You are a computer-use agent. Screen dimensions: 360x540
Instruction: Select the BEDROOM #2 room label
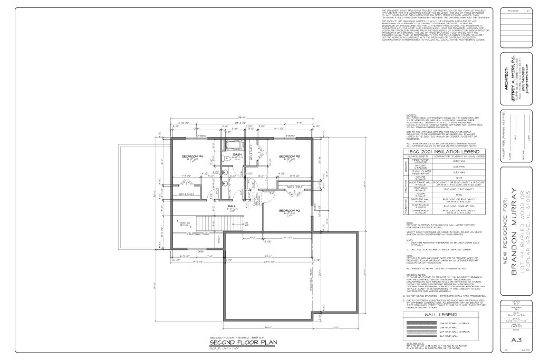click(x=290, y=210)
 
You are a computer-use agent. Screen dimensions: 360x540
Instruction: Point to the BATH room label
click(x=238, y=154)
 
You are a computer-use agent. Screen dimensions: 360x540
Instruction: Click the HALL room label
click(x=232, y=206)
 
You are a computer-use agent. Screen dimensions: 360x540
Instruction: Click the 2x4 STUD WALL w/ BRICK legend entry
click(x=451, y=331)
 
